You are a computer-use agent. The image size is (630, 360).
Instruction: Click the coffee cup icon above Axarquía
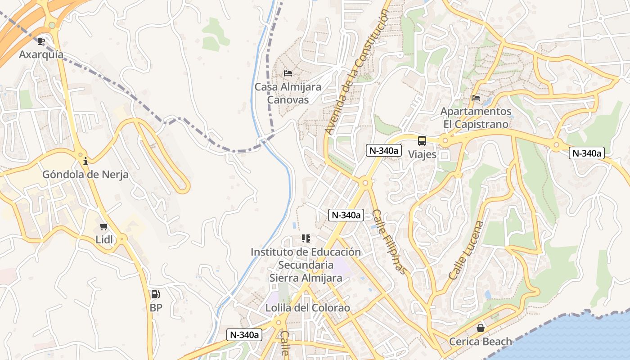[x=41, y=41]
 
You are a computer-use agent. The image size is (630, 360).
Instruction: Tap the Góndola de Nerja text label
[x=85, y=175]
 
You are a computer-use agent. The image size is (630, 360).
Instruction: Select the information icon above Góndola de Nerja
[x=85, y=161]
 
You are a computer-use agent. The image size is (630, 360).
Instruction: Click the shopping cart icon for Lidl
[x=104, y=226]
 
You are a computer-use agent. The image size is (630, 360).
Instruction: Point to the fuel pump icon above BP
[x=155, y=294]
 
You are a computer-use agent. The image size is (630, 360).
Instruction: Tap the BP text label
[x=156, y=308]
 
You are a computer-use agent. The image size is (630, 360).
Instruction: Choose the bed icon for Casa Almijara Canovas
[x=288, y=73]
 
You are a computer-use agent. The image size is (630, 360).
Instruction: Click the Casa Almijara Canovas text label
[x=288, y=93]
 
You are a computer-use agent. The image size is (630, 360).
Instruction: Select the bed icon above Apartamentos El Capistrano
[x=475, y=98]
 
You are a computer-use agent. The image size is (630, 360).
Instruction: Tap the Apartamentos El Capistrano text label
[x=475, y=117]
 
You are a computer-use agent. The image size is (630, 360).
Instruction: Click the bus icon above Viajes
[x=422, y=141]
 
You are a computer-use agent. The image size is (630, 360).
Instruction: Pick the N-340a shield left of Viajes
[x=383, y=151]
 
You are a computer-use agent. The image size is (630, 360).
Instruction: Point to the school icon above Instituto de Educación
[x=306, y=238]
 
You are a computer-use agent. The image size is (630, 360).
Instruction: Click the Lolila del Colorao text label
[x=307, y=308]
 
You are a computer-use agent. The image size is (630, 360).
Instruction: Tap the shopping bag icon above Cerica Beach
[x=481, y=328]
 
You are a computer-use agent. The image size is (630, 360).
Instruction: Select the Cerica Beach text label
[x=481, y=342]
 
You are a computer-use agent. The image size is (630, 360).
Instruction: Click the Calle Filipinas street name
[x=389, y=242]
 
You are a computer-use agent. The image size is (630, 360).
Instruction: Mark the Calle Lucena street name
[x=466, y=250]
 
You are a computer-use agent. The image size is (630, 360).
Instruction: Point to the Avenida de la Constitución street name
[x=356, y=72]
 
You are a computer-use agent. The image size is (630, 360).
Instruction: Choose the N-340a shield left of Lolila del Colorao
[x=244, y=334]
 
